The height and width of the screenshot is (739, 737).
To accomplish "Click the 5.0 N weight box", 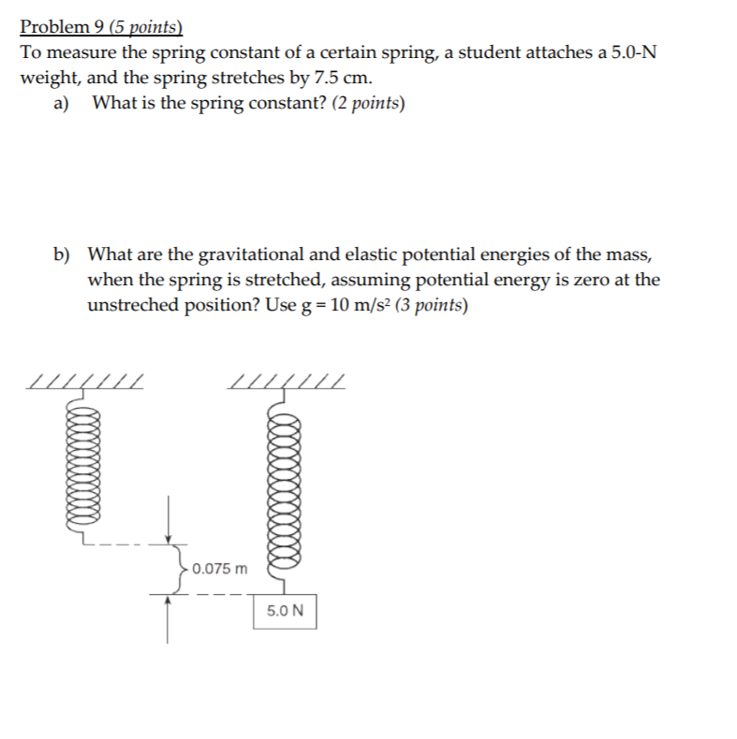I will click(x=285, y=611).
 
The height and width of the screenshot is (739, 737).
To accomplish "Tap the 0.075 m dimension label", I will click(x=220, y=568).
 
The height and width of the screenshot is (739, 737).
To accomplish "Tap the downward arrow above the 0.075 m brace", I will click(x=169, y=519).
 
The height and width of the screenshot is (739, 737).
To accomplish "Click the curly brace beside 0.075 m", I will click(x=178, y=568).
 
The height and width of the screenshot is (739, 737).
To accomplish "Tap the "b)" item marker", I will click(x=63, y=254).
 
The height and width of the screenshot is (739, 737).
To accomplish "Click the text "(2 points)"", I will click(x=369, y=103).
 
